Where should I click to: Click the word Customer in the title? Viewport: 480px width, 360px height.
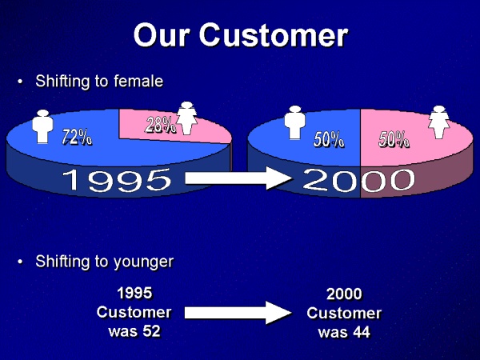(x=274, y=35)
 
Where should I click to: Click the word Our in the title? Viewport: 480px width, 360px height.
(x=162, y=35)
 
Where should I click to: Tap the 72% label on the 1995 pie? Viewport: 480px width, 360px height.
(x=77, y=137)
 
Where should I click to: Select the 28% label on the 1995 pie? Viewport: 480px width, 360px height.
(x=161, y=125)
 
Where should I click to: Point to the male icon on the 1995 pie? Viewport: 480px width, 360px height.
(x=43, y=126)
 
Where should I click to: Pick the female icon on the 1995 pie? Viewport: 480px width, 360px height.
(x=186, y=118)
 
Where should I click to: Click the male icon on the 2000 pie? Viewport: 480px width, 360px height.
(x=294, y=122)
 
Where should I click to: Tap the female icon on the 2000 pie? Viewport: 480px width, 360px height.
(x=439, y=122)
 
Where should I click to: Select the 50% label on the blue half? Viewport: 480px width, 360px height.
(x=329, y=139)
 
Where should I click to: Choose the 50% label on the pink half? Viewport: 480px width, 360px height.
(x=394, y=139)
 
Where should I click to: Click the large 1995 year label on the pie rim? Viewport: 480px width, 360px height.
(x=117, y=180)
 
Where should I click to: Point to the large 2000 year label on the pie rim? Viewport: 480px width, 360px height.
(x=358, y=180)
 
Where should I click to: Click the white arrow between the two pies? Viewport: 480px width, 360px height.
(x=238, y=178)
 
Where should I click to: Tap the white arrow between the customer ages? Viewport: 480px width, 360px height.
(x=238, y=313)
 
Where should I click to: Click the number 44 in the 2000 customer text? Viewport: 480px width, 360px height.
(x=362, y=332)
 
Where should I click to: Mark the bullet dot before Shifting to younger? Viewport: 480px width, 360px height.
(x=20, y=262)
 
